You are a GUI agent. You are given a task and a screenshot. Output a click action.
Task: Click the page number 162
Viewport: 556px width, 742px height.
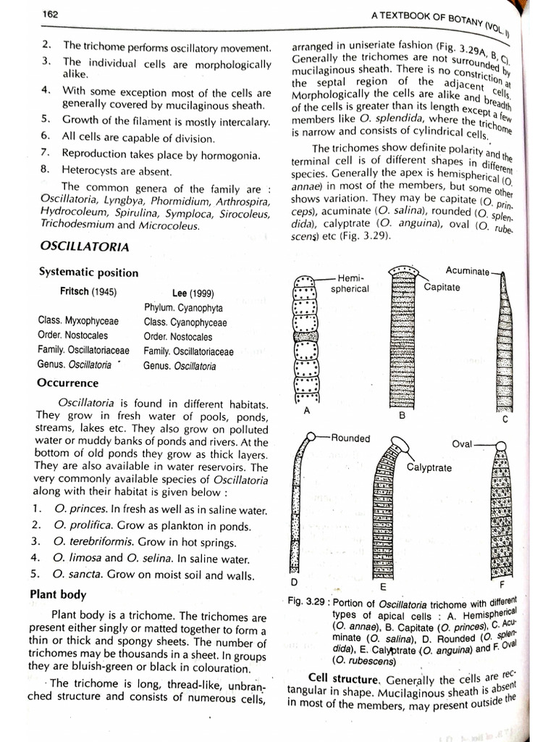[51, 14]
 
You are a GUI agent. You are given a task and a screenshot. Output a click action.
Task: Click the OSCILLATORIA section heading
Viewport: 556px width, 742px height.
[85, 247]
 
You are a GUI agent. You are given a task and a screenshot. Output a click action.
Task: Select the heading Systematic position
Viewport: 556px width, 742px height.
[88, 272]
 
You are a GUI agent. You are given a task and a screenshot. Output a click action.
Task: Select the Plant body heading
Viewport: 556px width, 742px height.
[58, 594]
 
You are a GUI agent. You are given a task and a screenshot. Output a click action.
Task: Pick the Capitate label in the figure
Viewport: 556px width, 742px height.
[442, 287]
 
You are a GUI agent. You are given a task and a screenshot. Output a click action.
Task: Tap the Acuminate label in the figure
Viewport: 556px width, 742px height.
[467, 270]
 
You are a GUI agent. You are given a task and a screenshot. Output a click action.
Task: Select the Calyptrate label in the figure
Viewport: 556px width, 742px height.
[429, 467]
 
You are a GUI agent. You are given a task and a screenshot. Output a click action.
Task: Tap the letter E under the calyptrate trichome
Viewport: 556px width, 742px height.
[383, 586]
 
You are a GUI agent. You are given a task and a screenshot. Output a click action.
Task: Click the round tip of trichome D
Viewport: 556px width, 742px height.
[311, 437]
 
